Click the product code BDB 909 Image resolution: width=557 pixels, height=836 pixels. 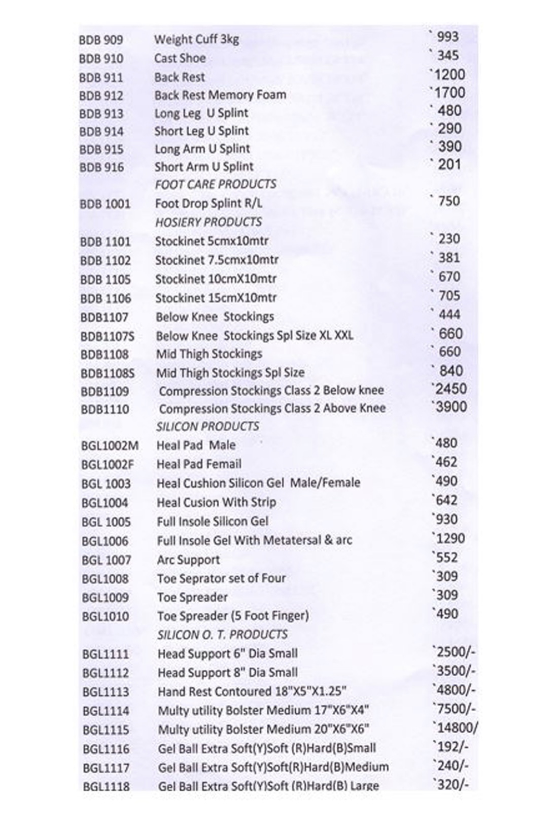101,40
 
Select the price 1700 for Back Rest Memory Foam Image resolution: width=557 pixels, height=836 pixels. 447,93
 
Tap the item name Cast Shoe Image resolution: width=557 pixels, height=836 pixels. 180,58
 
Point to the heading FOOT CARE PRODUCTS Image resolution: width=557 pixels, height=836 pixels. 216,184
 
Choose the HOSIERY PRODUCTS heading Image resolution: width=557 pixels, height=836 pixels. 208,222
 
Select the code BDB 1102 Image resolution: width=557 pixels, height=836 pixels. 105,261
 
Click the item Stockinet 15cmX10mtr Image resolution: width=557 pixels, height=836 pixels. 216,298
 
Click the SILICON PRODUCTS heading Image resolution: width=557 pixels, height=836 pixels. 207,427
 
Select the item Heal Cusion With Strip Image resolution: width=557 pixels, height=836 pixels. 217,503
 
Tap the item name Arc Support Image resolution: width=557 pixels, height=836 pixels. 188,560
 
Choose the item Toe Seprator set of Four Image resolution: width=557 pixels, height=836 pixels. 221,578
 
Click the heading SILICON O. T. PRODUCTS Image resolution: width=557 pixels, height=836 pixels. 222,635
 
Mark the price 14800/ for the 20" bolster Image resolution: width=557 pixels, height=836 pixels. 456,728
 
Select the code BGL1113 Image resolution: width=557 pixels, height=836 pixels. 106,692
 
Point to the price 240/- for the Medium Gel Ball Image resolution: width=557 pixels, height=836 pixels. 451,765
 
